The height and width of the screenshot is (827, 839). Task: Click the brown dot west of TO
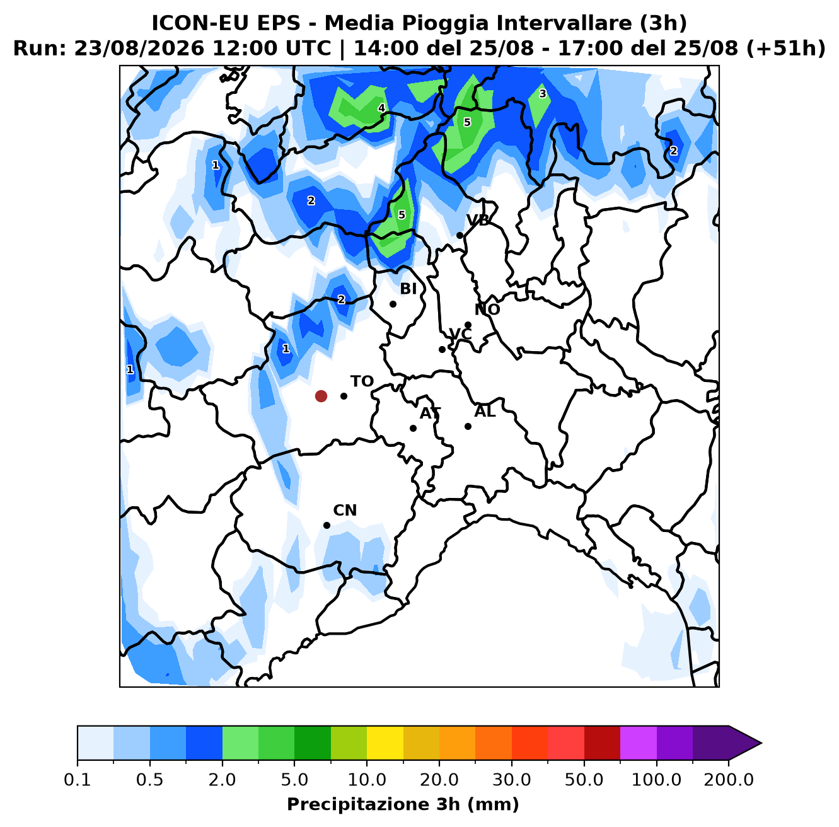321,396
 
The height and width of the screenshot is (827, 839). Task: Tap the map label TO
362,381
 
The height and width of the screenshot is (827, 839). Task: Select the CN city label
345,511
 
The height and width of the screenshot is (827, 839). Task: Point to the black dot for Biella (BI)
393,304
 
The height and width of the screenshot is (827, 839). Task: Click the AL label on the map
485,412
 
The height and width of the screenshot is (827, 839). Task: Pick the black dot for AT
413,428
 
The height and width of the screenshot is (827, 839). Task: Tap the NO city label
487,309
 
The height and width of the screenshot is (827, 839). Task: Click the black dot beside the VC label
442,349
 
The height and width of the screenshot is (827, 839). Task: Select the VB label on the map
478,221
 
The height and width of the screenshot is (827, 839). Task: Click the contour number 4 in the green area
381,108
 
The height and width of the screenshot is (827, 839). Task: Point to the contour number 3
543,94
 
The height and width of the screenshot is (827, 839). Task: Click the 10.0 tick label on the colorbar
367,780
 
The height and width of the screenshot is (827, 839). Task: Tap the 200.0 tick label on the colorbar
729,780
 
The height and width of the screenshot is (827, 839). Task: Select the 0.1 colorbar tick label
78,780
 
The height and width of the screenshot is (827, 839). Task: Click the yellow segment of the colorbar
385,743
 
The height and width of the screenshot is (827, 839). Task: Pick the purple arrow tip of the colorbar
761,743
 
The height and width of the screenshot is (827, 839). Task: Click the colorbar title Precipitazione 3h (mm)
403,804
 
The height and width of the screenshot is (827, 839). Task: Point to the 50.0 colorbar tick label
584,780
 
